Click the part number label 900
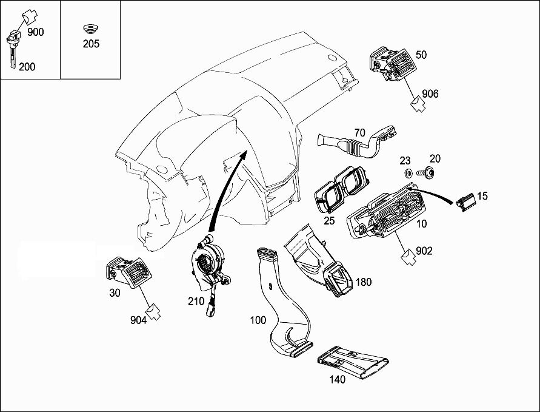[x=36, y=32]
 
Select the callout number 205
[x=91, y=44]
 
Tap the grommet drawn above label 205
[x=90, y=29]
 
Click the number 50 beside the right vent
[x=421, y=55]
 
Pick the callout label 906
[x=430, y=93]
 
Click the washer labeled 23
[x=409, y=174]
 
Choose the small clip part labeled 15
[x=465, y=202]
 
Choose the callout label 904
[x=138, y=320]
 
